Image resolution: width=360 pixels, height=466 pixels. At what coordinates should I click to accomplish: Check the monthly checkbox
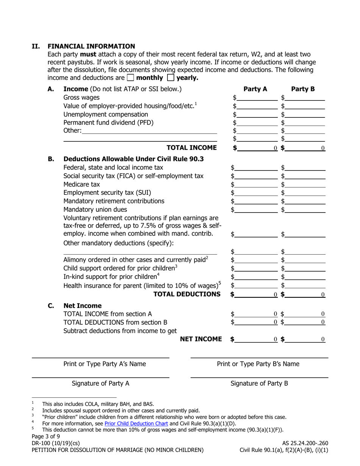[x=130, y=78]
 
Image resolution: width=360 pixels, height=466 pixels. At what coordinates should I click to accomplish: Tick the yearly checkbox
[x=171, y=78]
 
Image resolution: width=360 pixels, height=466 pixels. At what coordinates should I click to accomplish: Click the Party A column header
[x=255, y=89]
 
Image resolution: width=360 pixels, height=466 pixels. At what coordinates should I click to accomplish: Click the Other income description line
[x=149, y=131]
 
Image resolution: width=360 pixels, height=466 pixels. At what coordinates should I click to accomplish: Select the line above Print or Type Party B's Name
[x=259, y=357]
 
